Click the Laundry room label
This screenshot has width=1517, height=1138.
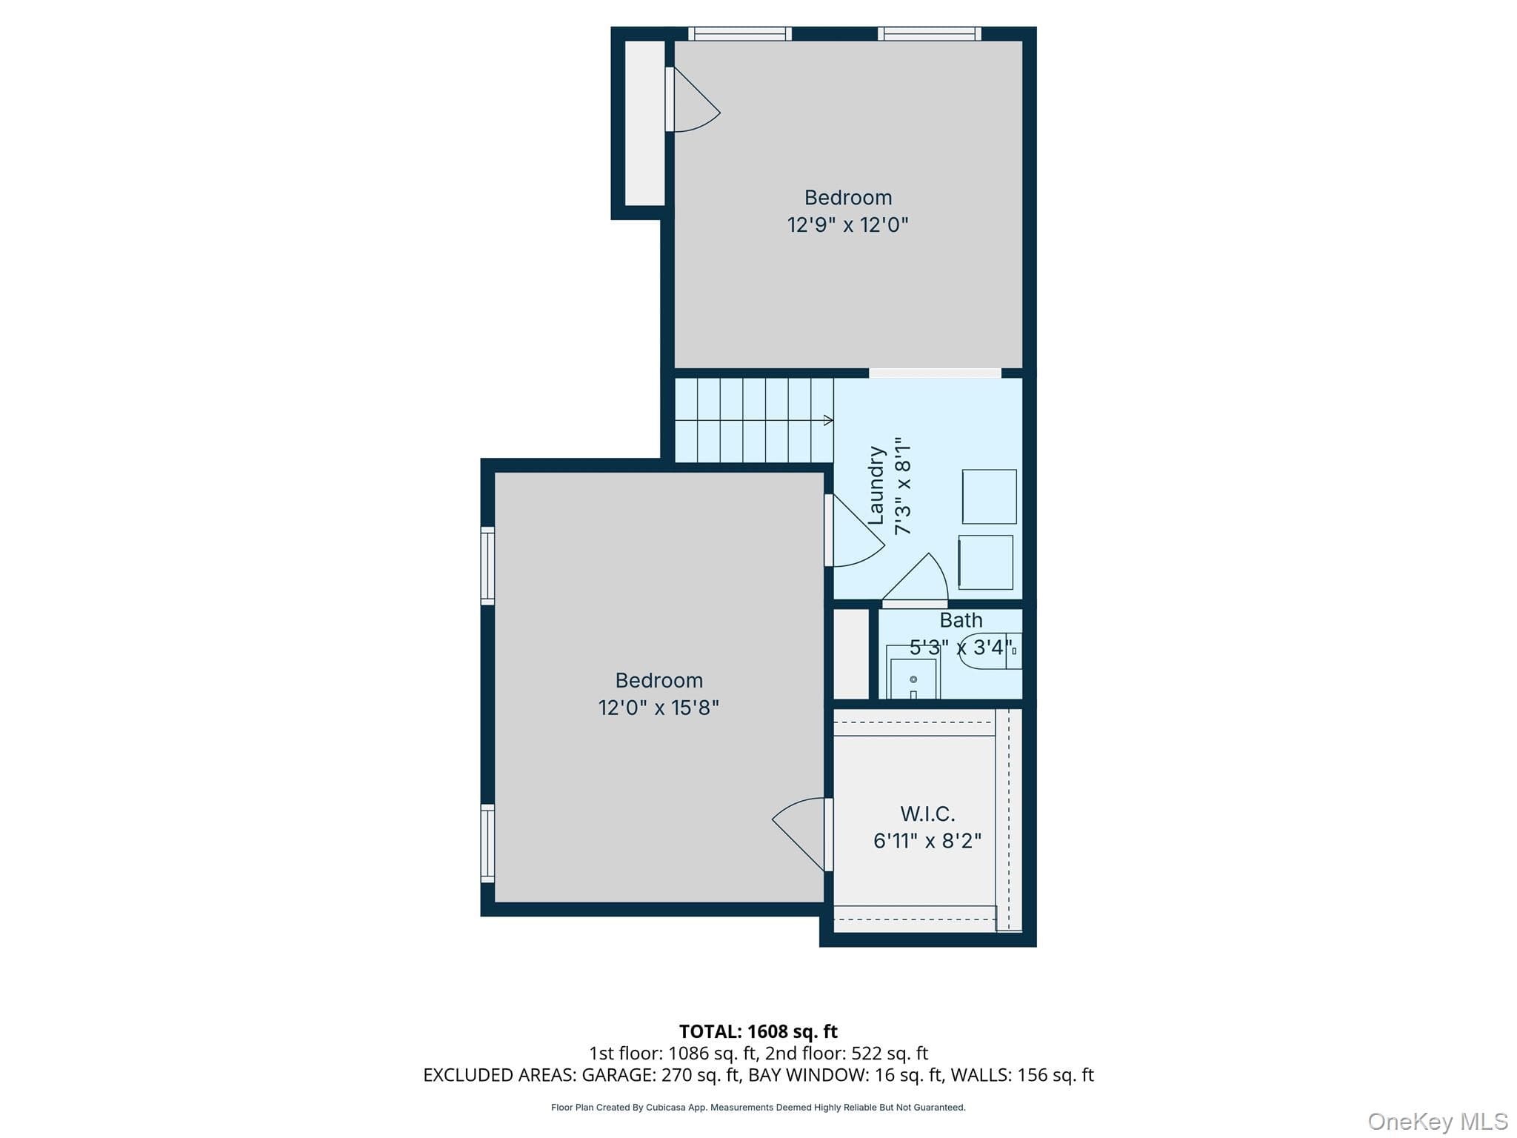pyautogui.click(x=876, y=485)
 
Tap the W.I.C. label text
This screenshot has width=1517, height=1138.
pyautogui.click(x=927, y=814)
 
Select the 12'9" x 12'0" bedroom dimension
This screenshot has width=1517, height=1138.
pyautogui.click(x=847, y=224)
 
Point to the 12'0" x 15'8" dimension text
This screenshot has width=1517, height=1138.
pyautogui.click(x=659, y=708)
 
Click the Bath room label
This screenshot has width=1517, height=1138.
pyautogui.click(x=961, y=620)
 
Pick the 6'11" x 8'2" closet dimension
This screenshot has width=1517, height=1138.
pyautogui.click(x=927, y=841)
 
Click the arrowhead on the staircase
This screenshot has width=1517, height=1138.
pyautogui.click(x=829, y=420)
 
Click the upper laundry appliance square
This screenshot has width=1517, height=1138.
pyautogui.click(x=989, y=496)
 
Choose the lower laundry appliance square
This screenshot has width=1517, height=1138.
pyautogui.click(x=985, y=562)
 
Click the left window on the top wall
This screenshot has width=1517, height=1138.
pyautogui.click(x=740, y=33)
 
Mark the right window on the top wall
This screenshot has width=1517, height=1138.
pyautogui.click(x=930, y=33)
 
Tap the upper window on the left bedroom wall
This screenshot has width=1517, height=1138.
pyautogui.click(x=487, y=565)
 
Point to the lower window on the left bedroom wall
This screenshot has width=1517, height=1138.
pyautogui.click(x=487, y=844)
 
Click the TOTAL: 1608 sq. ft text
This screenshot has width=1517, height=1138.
pyautogui.click(x=758, y=1031)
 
